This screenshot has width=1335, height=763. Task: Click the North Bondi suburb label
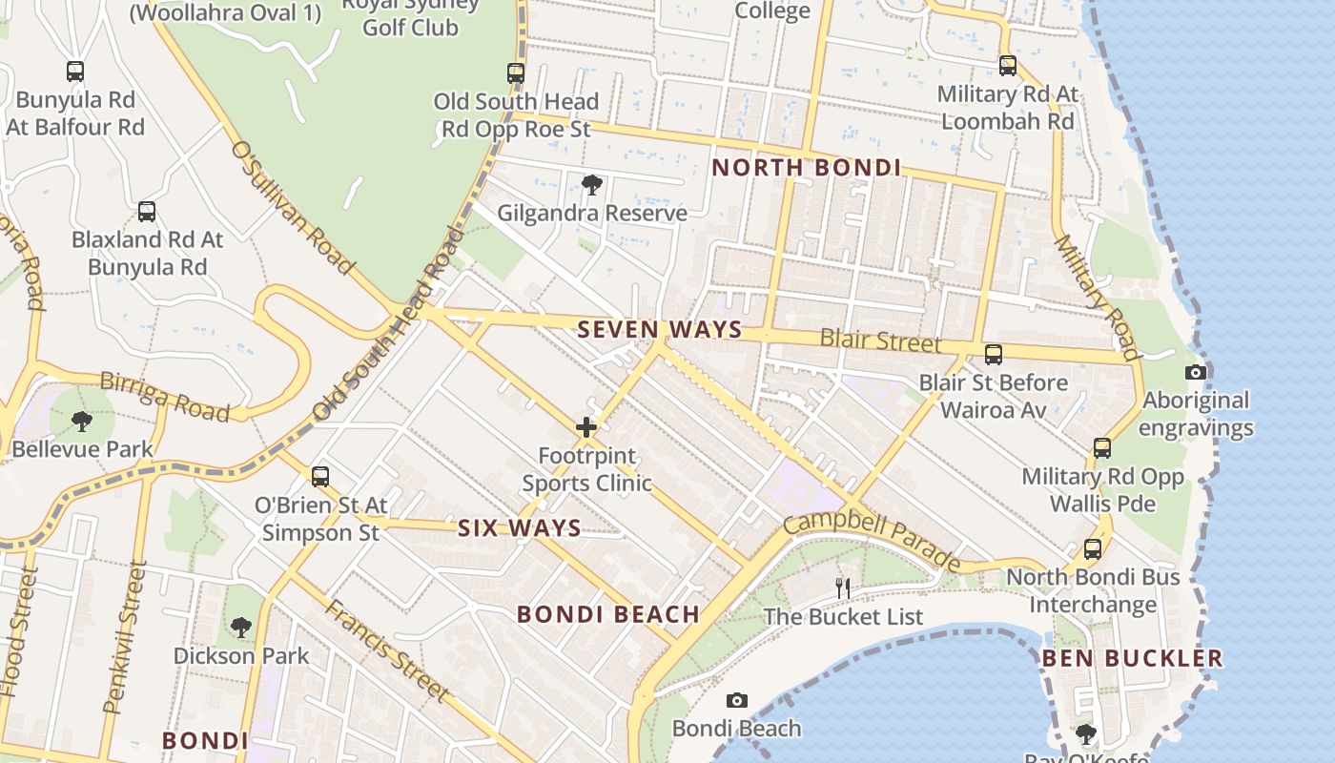tap(806, 168)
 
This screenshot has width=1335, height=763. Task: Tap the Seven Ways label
tap(659, 330)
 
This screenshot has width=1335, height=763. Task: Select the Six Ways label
tap(519, 528)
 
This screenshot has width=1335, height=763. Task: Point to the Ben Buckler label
tap(1131, 658)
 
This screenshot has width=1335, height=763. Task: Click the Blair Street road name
tap(880, 341)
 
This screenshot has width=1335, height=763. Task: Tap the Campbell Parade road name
tap(872, 540)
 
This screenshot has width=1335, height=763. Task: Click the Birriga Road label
tap(164, 396)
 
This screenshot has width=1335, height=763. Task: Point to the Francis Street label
tap(386, 649)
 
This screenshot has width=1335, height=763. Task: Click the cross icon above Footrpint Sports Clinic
tap(585, 427)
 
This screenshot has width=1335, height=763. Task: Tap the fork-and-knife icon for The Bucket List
tap(843, 588)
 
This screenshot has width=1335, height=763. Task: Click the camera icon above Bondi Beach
tap(736, 701)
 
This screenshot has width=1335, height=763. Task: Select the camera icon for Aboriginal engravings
tap(1195, 373)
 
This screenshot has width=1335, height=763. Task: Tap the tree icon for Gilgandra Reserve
tap(591, 185)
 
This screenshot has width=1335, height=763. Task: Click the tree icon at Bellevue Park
tap(82, 421)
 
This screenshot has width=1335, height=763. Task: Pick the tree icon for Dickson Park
tap(240, 628)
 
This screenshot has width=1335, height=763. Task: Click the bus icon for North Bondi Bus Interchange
tap(1093, 549)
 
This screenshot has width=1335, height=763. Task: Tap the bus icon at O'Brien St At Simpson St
tap(320, 476)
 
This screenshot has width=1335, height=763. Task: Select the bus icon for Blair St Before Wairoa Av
tap(993, 355)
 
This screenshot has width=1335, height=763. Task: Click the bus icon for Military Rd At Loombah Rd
tap(1008, 66)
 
